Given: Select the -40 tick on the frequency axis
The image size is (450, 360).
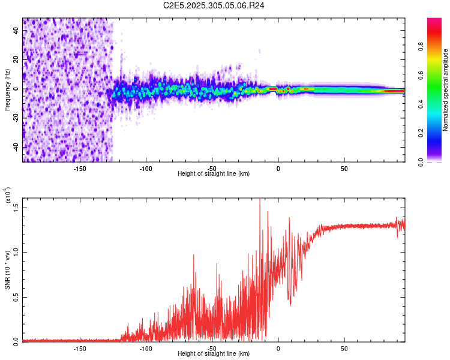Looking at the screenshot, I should click(x=16, y=148).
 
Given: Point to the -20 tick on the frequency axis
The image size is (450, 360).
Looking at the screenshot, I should click(x=16, y=118).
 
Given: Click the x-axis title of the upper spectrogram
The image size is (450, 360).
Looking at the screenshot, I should click(x=214, y=173).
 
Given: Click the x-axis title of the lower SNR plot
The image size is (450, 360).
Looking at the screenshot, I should click(x=214, y=353).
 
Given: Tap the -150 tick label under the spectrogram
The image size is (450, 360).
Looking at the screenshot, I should click(x=79, y=168).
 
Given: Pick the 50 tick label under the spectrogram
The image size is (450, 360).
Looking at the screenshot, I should click(x=344, y=168).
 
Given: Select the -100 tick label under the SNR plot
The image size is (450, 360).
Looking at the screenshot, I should click(x=146, y=348).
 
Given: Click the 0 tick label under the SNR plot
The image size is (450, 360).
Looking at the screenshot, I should click(x=278, y=348).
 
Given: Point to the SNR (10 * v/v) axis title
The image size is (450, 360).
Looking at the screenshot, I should click(x=7, y=270).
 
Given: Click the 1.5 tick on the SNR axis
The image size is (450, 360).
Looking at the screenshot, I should click(x=16, y=207).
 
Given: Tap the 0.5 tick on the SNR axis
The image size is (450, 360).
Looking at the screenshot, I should click(x=16, y=297).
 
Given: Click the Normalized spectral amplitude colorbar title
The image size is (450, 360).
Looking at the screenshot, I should click(x=446, y=90).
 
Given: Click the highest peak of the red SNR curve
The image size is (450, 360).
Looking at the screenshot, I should click(x=260, y=200).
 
